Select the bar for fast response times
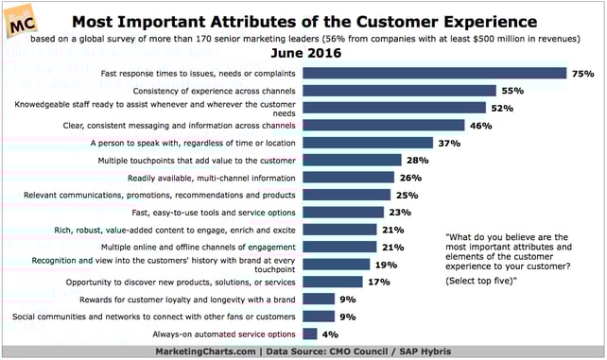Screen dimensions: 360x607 [x=433, y=74]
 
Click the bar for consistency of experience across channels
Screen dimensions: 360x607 [x=398, y=91]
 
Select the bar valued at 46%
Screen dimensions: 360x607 [x=383, y=125]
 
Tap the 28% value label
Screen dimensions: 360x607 [x=418, y=160]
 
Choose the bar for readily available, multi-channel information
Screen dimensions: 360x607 [x=347, y=177]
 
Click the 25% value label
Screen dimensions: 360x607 [x=408, y=195]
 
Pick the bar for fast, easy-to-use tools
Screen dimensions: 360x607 [x=341, y=212]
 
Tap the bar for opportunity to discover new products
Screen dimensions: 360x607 [x=331, y=282]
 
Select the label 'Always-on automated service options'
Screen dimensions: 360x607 [x=222, y=334]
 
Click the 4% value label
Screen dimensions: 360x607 [x=331, y=334]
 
